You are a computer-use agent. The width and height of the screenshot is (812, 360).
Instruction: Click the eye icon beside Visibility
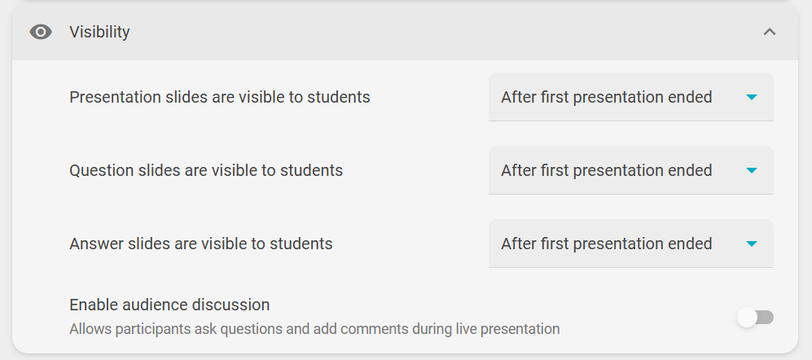[x=41, y=32]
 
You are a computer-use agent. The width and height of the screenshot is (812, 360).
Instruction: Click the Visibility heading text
[x=99, y=32]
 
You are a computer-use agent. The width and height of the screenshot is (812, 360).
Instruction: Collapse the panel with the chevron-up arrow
[x=770, y=32]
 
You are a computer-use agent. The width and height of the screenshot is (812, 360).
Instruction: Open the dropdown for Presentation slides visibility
[x=630, y=97]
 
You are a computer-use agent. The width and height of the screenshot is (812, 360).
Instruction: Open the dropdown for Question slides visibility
[x=630, y=170]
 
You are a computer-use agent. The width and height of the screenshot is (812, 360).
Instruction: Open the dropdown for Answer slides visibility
[x=630, y=244]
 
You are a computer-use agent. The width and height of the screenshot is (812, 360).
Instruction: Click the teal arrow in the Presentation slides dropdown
[x=752, y=98]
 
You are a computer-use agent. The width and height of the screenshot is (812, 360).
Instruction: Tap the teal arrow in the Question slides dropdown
[x=752, y=170]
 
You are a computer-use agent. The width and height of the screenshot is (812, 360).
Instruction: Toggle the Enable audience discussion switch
[x=755, y=317]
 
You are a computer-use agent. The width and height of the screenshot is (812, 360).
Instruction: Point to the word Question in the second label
[x=99, y=170]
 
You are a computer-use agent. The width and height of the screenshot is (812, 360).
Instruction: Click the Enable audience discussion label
[x=169, y=305]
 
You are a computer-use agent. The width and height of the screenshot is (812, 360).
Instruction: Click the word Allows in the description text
[x=85, y=329]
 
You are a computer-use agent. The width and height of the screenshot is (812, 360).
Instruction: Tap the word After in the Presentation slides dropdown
[x=518, y=98]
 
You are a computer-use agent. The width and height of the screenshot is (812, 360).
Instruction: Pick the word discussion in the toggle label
[x=230, y=305]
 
